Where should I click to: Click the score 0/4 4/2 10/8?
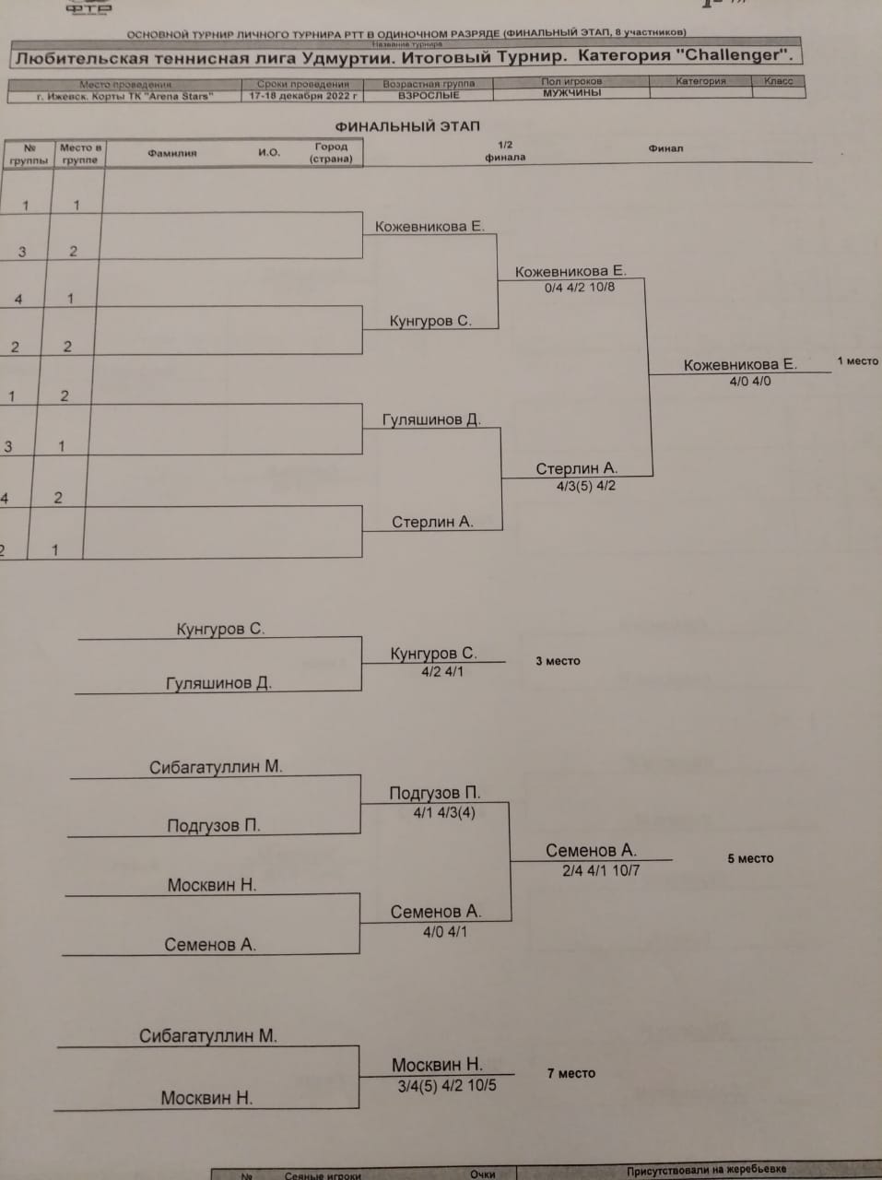pos(580,288)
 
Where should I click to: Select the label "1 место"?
pos(857,361)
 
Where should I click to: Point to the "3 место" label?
pos(558,661)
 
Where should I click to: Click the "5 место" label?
pos(750,858)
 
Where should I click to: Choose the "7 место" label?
pos(570,1073)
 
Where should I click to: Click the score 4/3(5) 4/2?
pos(586,486)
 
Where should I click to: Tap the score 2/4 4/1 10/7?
pos(601,869)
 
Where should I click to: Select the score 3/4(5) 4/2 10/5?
pos(447,1085)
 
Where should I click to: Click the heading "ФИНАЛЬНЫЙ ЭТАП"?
pos(407,126)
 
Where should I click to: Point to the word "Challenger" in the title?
pos(733,55)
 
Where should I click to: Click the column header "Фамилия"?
pos(172,153)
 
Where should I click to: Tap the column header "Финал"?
pos(665,148)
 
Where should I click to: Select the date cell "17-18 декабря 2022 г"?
pos(303,96)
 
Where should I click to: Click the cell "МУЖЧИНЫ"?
pos(571,93)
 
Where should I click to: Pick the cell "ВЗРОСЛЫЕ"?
pos(429,95)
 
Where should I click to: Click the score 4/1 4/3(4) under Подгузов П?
pos(444,812)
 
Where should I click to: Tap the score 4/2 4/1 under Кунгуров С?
pos(442,672)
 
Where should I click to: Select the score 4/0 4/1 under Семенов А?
pos(445,931)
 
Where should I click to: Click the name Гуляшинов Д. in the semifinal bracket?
pos(431,419)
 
